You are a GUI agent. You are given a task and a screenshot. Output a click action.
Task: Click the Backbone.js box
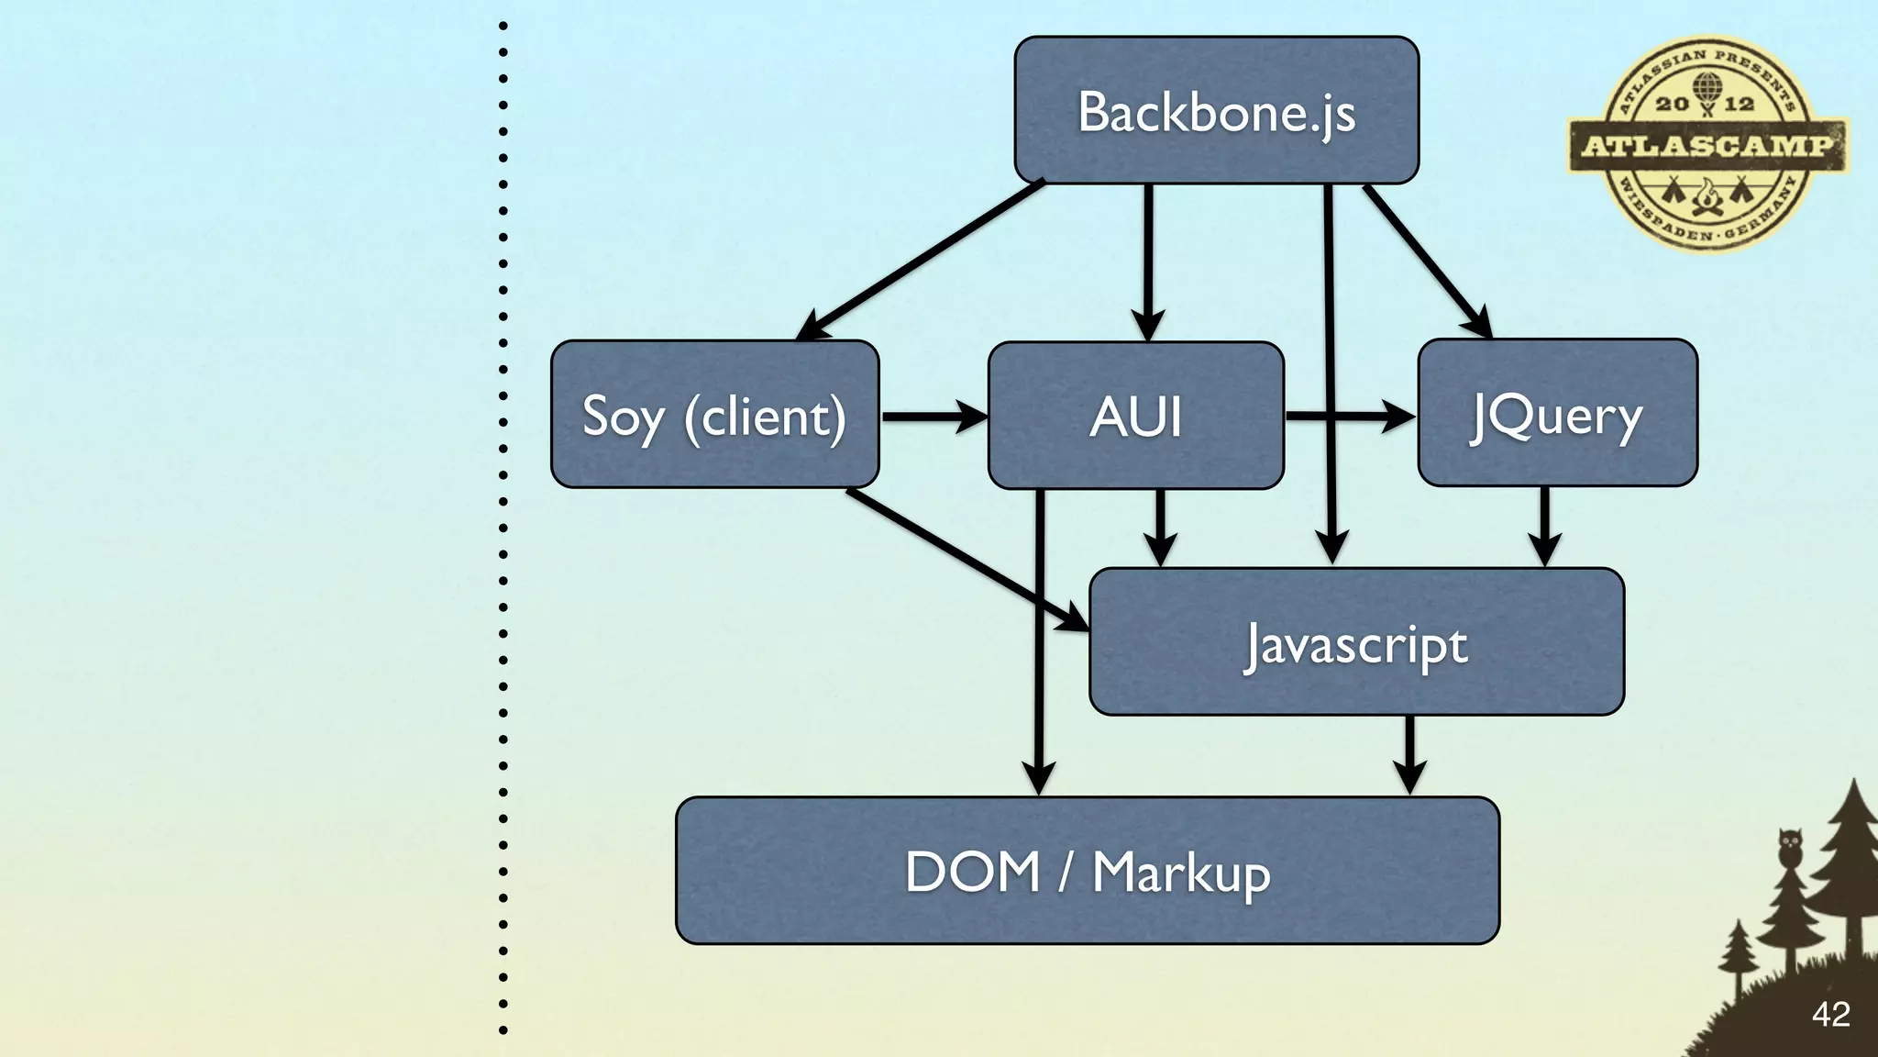(x=1216, y=110)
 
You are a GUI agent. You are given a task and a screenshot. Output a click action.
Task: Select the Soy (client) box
(x=714, y=414)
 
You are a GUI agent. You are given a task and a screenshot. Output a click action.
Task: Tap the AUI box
(x=1135, y=416)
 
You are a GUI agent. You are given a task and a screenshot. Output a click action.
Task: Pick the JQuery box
(x=1557, y=413)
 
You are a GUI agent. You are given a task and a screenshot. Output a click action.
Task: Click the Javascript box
(x=1356, y=641)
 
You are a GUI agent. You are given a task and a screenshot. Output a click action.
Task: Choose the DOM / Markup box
(x=1088, y=870)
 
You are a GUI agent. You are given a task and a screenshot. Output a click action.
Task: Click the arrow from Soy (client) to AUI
(x=931, y=416)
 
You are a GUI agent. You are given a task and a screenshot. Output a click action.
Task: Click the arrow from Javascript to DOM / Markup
(x=1409, y=752)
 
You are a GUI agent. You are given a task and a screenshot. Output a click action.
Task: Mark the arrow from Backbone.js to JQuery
(x=1426, y=260)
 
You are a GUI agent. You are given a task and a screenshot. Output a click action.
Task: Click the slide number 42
(x=1830, y=1014)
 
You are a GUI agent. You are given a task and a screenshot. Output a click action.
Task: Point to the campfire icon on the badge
(x=1707, y=197)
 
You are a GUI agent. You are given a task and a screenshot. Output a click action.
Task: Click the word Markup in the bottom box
(x=1181, y=873)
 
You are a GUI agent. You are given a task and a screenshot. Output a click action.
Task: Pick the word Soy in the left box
(x=623, y=417)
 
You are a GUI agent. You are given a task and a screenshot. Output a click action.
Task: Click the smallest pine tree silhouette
(x=1738, y=954)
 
